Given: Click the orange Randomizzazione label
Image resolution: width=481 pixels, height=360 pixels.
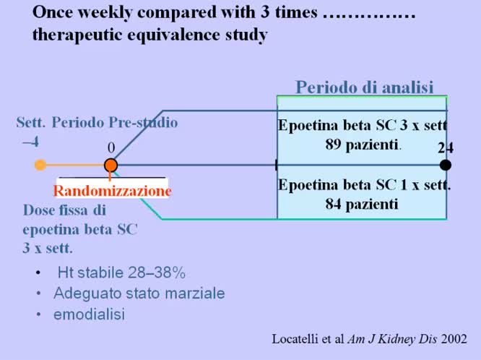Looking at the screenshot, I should coord(112,191).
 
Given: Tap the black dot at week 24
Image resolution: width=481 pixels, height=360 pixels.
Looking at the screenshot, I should coord(446,165).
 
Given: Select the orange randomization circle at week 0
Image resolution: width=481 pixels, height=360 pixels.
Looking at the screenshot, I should coord(110,166).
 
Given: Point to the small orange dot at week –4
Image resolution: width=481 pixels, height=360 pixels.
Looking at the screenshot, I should coord(40,165).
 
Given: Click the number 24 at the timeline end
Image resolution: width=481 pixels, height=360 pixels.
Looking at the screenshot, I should coord(445,147).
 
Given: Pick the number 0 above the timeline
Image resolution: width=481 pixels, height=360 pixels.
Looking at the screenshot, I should coord(111,147).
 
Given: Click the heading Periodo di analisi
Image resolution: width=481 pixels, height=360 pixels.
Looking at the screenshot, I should coord(364,87).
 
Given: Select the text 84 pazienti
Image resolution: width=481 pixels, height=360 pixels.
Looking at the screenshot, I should coord(361,204).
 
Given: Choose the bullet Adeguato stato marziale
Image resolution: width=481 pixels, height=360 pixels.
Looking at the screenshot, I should coord(139,293).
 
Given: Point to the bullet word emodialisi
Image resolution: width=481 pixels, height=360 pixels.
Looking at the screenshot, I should coord(88,314).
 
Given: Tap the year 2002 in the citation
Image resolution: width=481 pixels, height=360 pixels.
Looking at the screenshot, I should coord(454,338).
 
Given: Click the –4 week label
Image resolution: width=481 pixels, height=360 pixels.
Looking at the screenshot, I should coord(30,142).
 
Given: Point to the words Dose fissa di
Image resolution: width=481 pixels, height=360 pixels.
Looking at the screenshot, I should coord(64,210).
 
